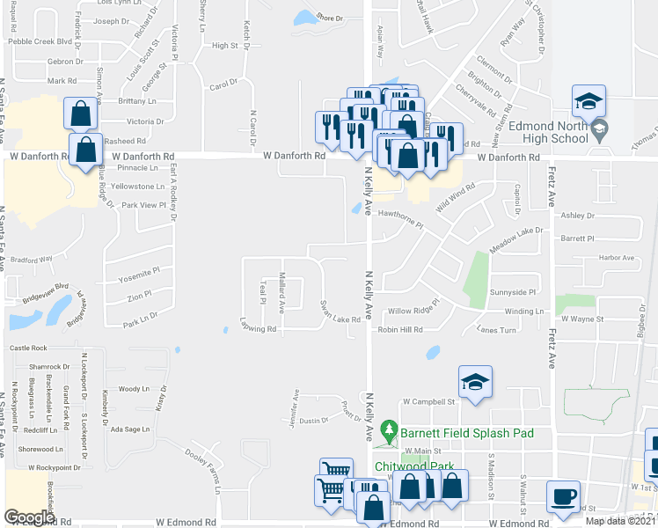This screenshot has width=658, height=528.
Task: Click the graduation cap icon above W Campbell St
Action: click(x=475, y=383)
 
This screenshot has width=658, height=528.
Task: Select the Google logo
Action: click(x=29, y=517)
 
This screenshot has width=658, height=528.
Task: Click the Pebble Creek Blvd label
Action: click(x=39, y=41)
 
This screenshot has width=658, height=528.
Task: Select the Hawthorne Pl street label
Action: click(x=401, y=213)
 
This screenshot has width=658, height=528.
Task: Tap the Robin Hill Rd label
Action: click(x=400, y=330)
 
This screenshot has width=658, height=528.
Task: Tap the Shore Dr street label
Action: click(x=329, y=18)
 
